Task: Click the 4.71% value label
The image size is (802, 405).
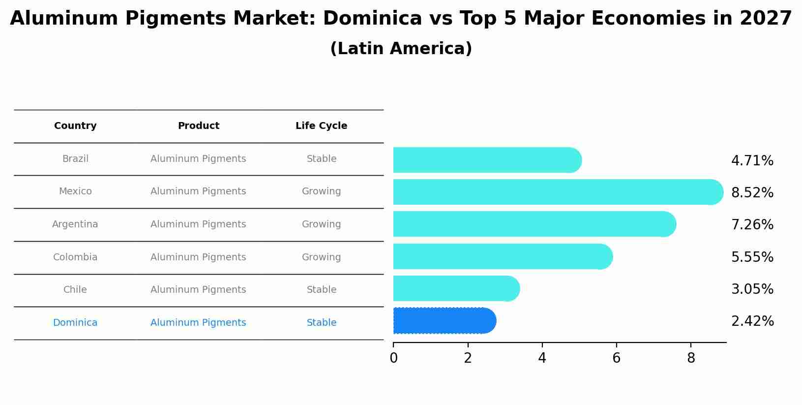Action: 752,161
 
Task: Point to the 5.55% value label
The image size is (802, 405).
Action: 752,257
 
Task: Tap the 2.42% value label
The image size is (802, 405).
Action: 752,321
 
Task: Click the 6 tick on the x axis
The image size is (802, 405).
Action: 616,358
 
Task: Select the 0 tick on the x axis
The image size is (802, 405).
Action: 393,358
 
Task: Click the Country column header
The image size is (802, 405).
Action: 75,126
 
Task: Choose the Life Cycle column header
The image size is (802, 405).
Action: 321,126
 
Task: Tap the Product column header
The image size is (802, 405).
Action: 198,126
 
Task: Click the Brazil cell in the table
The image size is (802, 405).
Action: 75,159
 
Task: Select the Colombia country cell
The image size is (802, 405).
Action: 75,257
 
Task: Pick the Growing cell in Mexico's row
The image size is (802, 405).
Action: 321,191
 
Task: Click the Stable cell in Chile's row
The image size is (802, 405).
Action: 321,290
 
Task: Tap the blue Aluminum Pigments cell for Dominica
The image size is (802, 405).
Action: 198,323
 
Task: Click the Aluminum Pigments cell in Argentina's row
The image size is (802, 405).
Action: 198,224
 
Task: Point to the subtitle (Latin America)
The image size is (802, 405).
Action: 401,49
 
